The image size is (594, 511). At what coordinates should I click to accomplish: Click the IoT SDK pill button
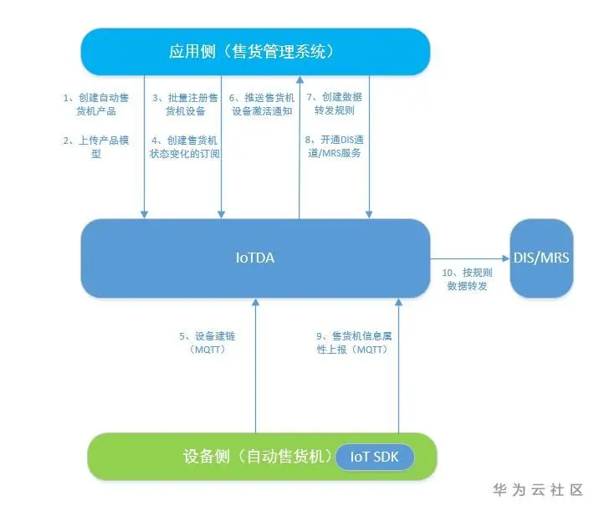pyautogui.click(x=374, y=457)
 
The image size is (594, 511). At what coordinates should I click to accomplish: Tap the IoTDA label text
pyautogui.click(x=255, y=258)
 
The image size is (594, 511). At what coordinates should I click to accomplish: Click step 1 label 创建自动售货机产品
pyautogui.click(x=96, y=104)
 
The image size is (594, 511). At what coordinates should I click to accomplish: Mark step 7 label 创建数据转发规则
pyautogui.click(x=334, y=104)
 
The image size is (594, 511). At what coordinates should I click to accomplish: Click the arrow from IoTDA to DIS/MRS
pyautogui.click(x=469, y=258)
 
